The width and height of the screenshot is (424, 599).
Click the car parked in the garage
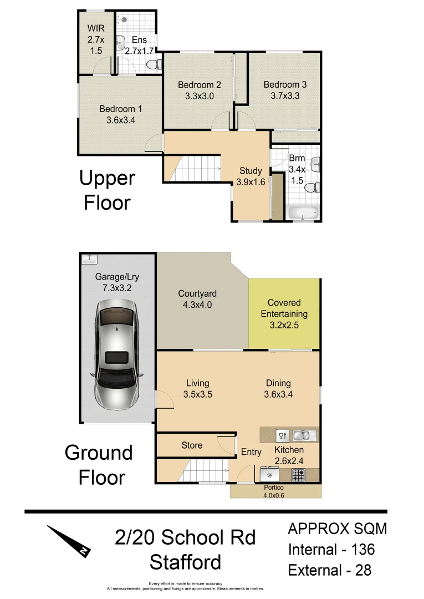[x=117, y=354]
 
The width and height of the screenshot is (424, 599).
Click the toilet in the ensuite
[x=151, y=66]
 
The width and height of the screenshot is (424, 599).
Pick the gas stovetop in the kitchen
[x=298, y=475]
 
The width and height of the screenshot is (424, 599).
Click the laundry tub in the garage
[x=89, y=258]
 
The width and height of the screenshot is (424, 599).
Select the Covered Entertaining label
[x=284, y=314]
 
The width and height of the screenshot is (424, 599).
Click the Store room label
[x=192, y=445]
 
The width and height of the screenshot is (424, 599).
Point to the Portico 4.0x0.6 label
[x=275, y=491]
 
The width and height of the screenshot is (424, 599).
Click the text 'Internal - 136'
[x=331, y=550]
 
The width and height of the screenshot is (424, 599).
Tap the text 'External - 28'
[x=329, y=570]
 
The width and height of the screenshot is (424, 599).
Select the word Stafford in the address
[x=185, y=562]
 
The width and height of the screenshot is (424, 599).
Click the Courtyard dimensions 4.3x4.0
[x=197, y=304]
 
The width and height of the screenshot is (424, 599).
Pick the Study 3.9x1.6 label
[x=250, y=176]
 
